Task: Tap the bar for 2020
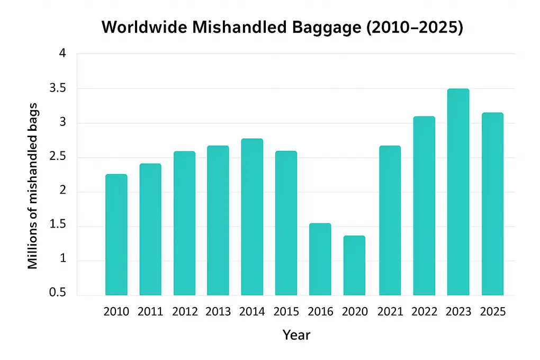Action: click(x=354, y=265)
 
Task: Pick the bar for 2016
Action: click(x=320, y=259)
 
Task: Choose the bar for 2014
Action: click(x=252, y=217)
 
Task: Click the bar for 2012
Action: click(x=184, y=223)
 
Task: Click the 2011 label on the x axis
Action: click(x=150, y=312)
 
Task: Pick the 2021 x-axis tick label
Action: click(x=390, y=312)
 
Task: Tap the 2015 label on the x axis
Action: click(x=286, y=312)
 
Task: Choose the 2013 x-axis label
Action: click(x=218, y=312)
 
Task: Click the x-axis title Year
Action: click(x=296, y=335)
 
